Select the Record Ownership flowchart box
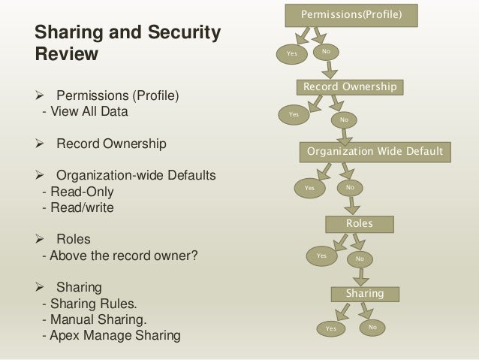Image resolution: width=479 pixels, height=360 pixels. click(350, 87)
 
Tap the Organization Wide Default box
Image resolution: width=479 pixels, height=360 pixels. click(375, 151)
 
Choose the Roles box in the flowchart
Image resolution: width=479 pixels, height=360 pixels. click(359, 223)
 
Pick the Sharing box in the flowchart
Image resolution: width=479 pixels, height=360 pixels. click(364, 293)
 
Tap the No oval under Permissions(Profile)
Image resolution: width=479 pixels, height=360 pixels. click(325, 51)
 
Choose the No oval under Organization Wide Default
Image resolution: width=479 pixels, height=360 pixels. click(349, 186)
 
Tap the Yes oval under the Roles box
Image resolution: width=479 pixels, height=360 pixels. click(322, 256)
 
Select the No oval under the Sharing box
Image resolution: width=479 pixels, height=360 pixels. click(372, 328)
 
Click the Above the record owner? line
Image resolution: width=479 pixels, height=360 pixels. click(119, 256)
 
